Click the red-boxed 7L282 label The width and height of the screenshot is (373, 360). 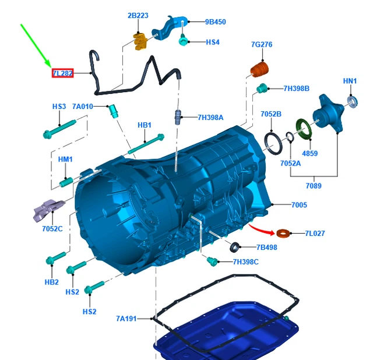click(x=62, y=73)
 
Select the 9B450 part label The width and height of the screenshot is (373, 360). click(x=215, y=22)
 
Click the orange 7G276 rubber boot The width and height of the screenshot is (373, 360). click(x=259, y=71)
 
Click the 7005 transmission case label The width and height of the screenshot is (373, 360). click(x=299, y=205)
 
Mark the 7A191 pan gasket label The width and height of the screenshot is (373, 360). click(x=126, y=319)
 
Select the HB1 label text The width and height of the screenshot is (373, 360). click(x=145, y=125)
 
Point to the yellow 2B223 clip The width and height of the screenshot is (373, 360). click(x=140, y=41)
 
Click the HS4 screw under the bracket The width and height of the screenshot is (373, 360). click(x=184, y=41)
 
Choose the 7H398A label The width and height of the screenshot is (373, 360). click(x=210, y=118)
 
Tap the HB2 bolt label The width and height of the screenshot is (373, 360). click(x=52, y=283)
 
